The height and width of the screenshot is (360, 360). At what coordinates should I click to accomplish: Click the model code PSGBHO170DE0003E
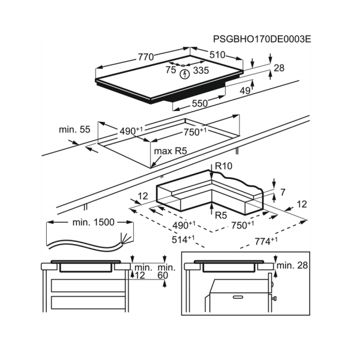pos(262,39)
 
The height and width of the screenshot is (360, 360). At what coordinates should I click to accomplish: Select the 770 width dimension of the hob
pos(146,57)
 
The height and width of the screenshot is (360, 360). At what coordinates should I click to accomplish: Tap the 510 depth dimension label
pos(217,55)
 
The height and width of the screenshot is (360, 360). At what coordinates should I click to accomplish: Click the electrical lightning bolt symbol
pos(184,74)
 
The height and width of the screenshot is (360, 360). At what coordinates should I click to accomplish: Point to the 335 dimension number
pos(201,70)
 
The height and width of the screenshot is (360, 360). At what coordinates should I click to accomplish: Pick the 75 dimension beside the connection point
pos(171,70)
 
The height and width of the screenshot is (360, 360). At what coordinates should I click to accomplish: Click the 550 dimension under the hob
pos(200,104)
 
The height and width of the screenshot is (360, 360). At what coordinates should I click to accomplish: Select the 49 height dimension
pos(245,91)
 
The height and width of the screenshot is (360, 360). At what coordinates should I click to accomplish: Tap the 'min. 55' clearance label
pos(74,130)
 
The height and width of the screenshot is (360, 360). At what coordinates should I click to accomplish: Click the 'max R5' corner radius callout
pos(170,151)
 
